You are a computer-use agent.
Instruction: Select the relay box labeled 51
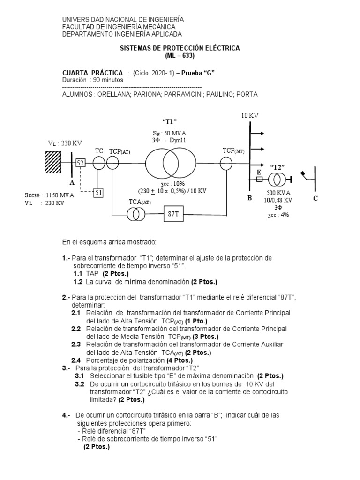pos(98,193)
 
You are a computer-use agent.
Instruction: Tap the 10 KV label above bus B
pos(250,115)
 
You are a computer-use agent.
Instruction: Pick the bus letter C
pos(316,198)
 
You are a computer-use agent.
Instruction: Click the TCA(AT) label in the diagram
pos(140,202)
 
